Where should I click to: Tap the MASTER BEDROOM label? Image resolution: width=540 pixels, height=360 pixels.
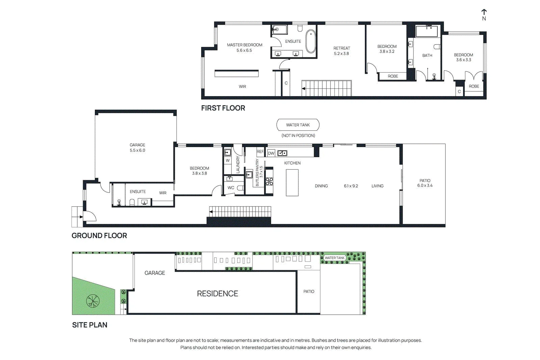point(244,45)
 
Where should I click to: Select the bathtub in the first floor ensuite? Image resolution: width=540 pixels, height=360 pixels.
point(310,41)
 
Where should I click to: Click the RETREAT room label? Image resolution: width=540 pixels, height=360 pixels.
point(342,48)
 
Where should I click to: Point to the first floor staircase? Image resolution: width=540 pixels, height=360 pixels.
point(327,88)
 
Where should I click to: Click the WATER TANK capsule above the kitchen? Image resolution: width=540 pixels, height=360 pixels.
point(298,125)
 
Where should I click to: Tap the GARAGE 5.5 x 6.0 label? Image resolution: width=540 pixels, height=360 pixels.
point(137,147)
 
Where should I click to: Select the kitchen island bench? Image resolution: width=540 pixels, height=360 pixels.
point(292,183)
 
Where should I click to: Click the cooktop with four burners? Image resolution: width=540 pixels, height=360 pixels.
point(269,181)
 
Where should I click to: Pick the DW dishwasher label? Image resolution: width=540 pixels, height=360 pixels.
point(271,153)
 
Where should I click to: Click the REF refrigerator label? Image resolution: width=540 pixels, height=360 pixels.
point(260,151)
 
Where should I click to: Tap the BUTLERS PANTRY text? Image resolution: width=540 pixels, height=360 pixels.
point(257,172)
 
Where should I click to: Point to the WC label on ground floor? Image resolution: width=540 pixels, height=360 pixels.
point(231,188)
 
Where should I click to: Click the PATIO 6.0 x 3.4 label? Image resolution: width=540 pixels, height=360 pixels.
point(425,183)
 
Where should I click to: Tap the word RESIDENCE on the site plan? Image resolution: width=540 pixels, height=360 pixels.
point(217,294)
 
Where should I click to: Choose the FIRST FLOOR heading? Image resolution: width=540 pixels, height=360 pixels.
point(223,108)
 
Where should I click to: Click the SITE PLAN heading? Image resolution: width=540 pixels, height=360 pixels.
point(90,325)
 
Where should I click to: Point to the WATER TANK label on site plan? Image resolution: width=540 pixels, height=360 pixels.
point(334,258)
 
